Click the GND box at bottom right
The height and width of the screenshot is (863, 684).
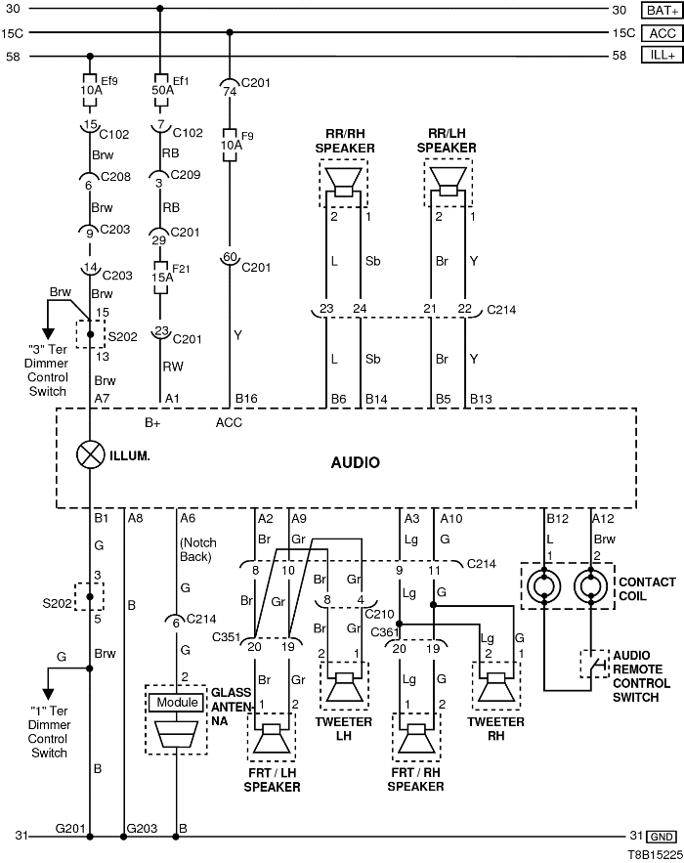pos(662,837)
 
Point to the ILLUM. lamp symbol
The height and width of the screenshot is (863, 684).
pos(90,453)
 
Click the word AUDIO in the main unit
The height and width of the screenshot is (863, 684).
pos(356,462)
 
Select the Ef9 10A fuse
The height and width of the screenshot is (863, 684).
pos(90,89)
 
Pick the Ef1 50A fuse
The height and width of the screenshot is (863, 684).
pos(159,89)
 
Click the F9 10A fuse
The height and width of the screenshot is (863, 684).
pos(229,143)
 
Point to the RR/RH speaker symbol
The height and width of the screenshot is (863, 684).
pos(343,183)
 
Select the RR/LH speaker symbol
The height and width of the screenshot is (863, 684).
pos(449,183)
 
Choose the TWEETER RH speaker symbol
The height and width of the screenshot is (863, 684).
pos(496,687)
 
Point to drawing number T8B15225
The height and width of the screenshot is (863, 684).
pos(652,853)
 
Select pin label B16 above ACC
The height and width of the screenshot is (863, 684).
pos(245,399)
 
